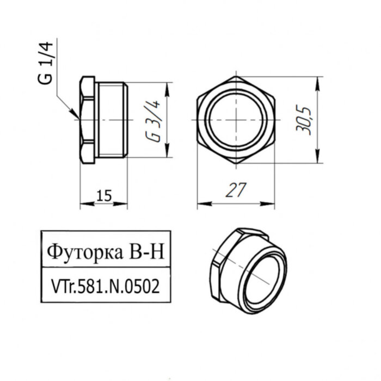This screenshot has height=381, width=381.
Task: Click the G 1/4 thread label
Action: point(47,64)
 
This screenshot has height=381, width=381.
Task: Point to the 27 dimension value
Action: point(235,190)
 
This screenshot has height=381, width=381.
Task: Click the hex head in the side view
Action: point(87,120)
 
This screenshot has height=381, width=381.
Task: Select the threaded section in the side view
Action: point(112,120)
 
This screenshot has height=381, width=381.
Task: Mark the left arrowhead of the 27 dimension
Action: point(199,204)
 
